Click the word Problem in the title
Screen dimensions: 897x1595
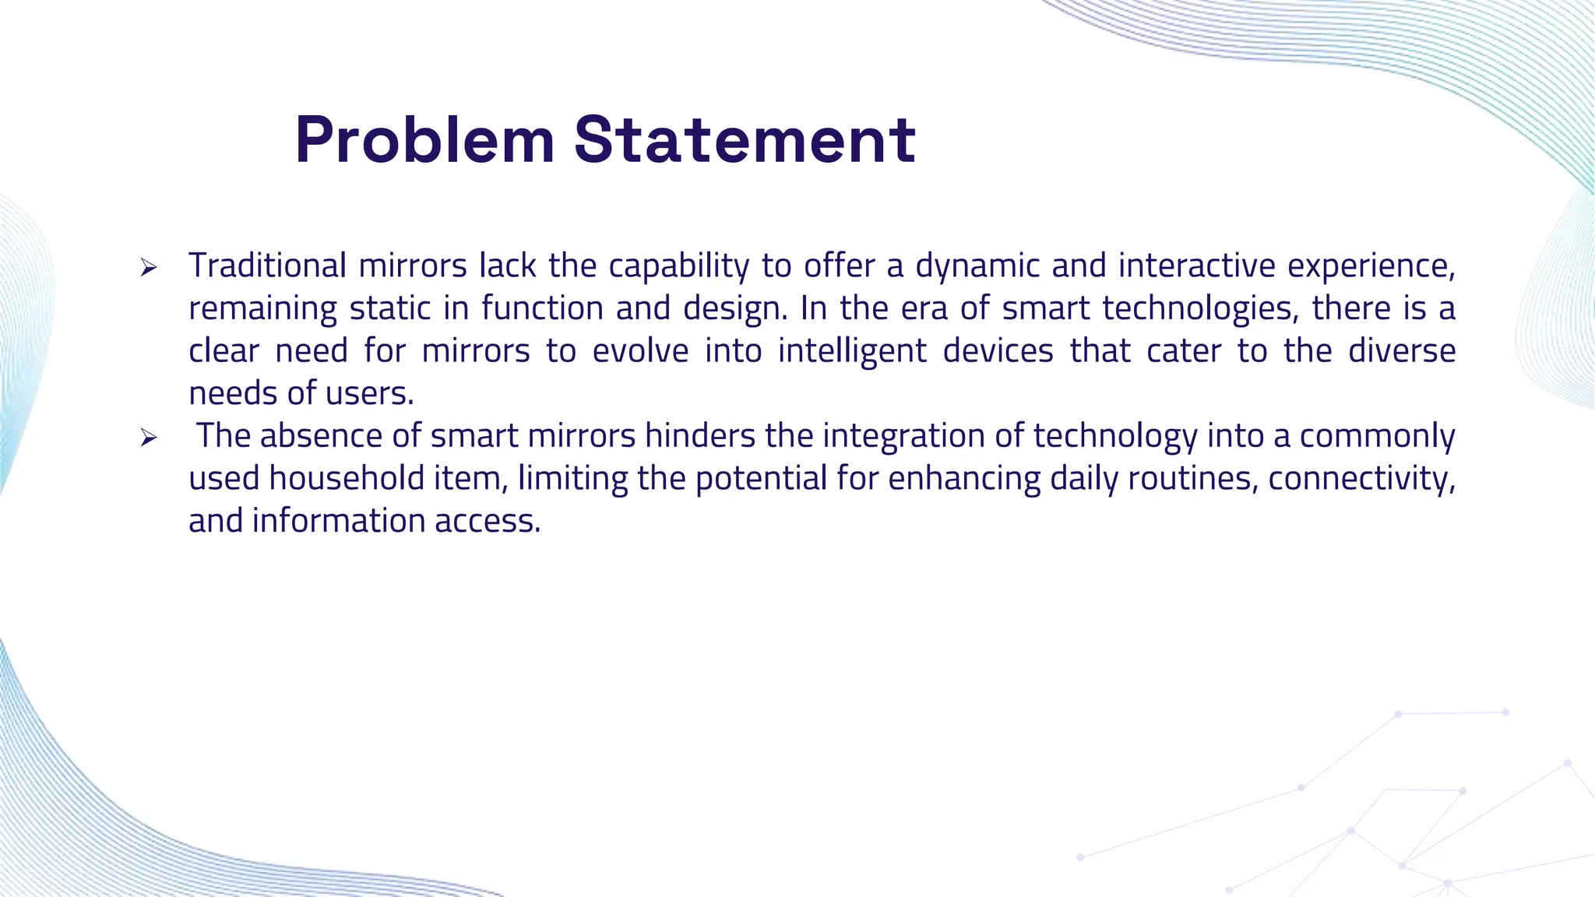[424, 141]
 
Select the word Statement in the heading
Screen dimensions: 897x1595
[745, 141]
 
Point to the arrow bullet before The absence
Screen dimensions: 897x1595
[148, 438]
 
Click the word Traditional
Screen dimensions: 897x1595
[267, 266]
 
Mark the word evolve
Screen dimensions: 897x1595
[640, 351]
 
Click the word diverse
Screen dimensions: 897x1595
[1402, 351]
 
